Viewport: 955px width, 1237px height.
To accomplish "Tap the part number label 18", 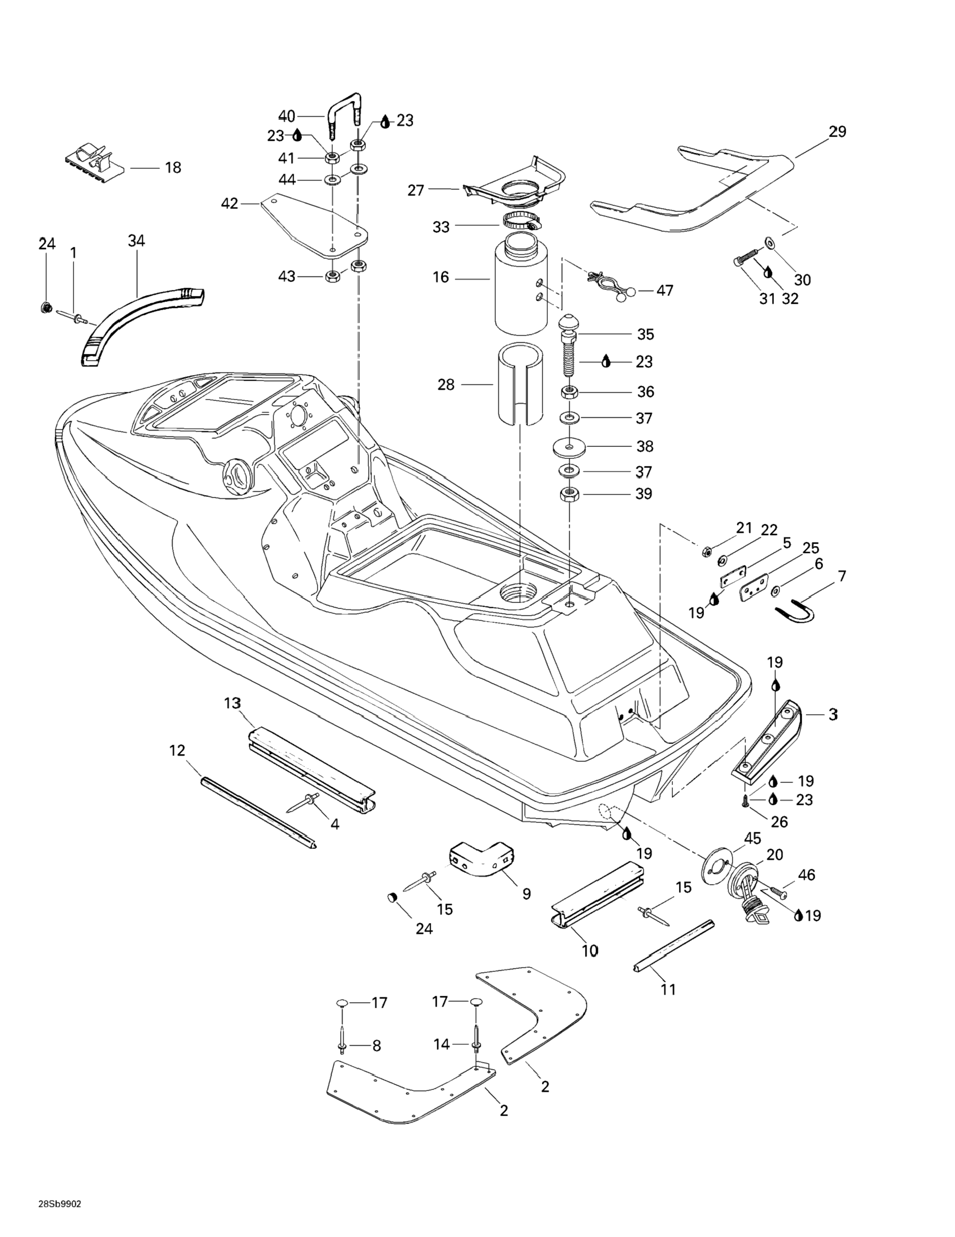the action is click(x=173, y=168).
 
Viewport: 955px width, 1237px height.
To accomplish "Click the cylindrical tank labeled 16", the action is click(x=521, y=288).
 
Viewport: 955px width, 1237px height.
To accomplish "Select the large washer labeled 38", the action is click(x=569, y=447).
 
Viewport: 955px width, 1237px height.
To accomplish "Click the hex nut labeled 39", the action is click(x=569, y=494).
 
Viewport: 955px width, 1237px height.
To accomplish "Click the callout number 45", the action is click(x=752, y=838).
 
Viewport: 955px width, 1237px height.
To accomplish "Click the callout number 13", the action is click(x=232, y=703).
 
